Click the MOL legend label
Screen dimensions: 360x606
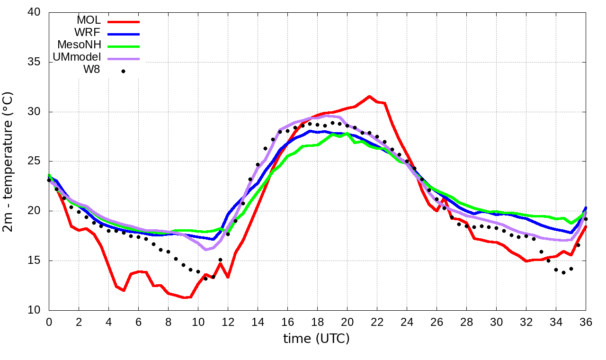coord(89,20)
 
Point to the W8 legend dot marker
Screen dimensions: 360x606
coord(123,72)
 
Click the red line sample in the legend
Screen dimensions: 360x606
coord(124,21)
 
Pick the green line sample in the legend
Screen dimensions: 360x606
coord(124,46)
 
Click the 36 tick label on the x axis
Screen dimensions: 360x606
coord(586,322)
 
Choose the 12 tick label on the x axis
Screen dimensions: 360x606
coord(228,322)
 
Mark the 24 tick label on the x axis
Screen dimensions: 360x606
coord(407,322)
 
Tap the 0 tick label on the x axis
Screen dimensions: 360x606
coord(49,322)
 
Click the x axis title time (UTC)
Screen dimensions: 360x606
coord(316,339)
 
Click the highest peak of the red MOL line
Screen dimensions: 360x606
coord(369,97)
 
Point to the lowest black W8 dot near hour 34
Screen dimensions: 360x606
coord(563,272)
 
